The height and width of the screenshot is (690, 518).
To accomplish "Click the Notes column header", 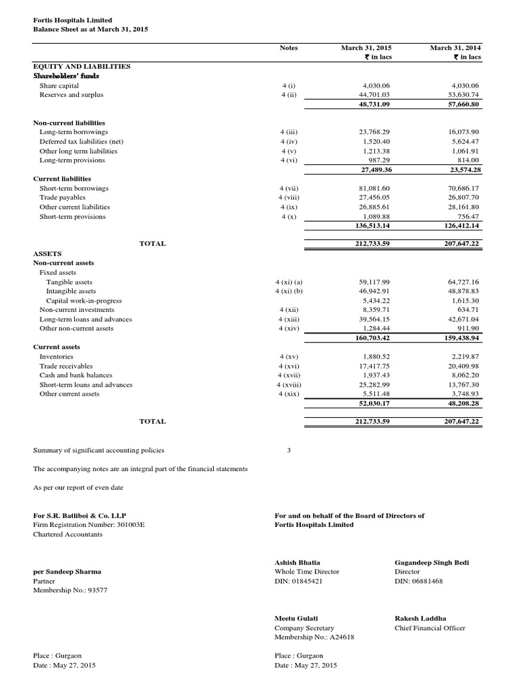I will (289, 48).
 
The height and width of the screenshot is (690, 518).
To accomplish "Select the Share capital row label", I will (59, 86).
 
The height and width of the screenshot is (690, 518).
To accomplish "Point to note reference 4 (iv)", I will (289, 142).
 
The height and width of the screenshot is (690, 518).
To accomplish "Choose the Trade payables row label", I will (63, 197).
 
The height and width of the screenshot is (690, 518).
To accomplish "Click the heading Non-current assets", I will (64, 263).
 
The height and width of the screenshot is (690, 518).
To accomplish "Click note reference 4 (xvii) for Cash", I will (289, 375).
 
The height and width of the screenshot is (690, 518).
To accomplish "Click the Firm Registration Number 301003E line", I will (89, 525).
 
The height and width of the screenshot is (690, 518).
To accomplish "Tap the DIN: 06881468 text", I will (419, 581).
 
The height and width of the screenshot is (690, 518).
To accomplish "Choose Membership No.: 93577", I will (70, 590).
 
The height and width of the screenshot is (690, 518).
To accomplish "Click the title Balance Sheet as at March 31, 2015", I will (90, 30).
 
